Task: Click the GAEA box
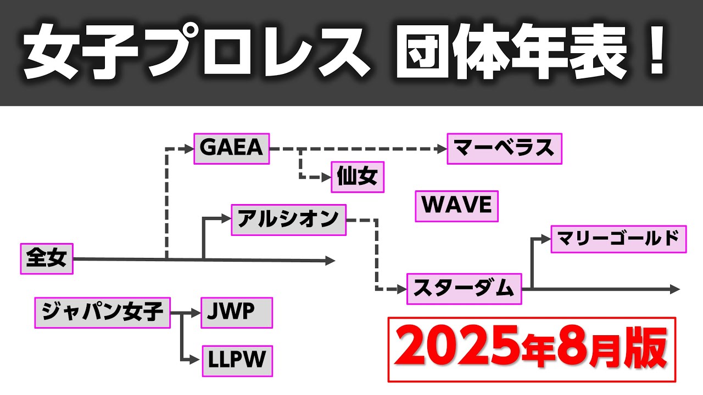tap(232, 149)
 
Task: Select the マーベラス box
tap(504, 149)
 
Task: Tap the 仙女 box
tap(358, 177)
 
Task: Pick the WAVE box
tap(456, 206)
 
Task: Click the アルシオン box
tap(289, 220)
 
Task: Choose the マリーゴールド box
tap(618, 239)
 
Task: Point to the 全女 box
tap(47, 258)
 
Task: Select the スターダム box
tap(464, 289)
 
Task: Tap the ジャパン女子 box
tap(102, 313)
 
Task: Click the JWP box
tap(237, 313)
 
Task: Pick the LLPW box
tap(237, 361)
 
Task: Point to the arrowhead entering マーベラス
tap(442, 149)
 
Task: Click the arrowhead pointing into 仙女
tap(326, 177)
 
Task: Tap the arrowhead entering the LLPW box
tap(195, 360)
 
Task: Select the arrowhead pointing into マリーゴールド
tap(546, 239)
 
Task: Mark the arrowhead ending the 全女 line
tap(330, 261)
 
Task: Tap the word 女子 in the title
tap(81, 52)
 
